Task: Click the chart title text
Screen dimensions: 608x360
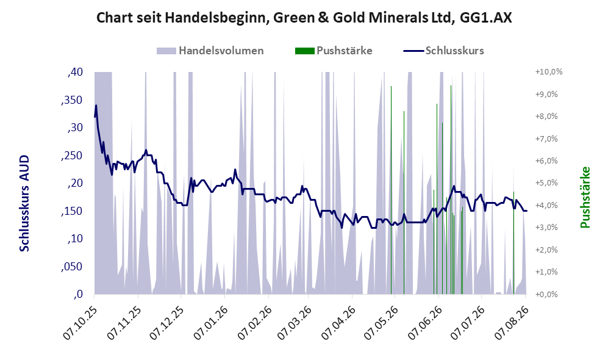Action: click(x=304, y=18)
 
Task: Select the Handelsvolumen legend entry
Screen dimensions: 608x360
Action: click(x=210, y=51)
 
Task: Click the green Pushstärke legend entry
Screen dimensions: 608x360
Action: click(x=334, y=51)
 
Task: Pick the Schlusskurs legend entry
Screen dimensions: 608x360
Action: click(x=443, y=51)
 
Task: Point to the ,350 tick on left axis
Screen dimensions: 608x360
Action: click(x=72, y=100)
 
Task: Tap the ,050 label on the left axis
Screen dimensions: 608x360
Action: click(x=72, y=267)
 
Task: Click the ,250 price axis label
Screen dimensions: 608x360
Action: click(x=72, y=156)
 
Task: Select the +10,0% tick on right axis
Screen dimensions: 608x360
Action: click(x=549, y=72)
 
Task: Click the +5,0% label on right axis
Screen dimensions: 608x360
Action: click(x=546, y=182)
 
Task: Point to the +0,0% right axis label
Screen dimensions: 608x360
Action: click(x=546, y=294)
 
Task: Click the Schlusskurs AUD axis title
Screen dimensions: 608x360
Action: click(x=24, y=203)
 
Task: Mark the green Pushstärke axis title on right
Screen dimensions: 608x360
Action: click(x=585, y=197)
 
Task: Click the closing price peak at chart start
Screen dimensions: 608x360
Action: click(x=96, y=105)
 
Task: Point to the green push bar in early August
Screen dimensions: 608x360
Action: click(x=513, y=243)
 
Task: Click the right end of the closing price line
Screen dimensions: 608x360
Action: click(x=526, y=211)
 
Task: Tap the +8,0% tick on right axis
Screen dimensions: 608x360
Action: click(x=546, y=117)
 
